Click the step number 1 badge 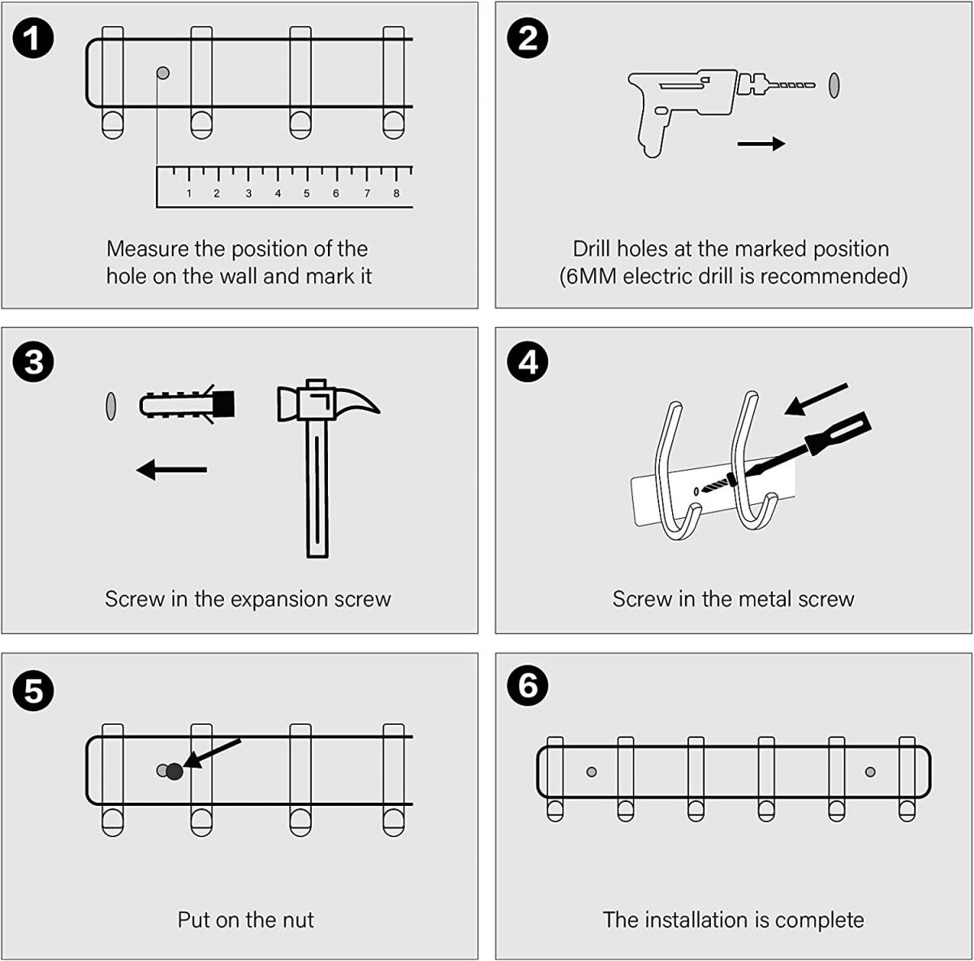tap(33, 40)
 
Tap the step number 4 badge tap(528, 362)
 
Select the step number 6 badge tap(528, 686)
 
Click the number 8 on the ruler tap(396, 193)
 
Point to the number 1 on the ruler tap(189, 193)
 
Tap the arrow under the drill tap(761, 144)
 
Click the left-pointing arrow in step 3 tap(171, 469)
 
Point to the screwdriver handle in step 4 tap(838, 432)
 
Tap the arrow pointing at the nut tap(213, 752)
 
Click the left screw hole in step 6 tap(592, 771)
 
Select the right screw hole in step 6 tap(870, 771)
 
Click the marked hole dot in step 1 tap(162, 73)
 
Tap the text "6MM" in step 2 tap(590, 276)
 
